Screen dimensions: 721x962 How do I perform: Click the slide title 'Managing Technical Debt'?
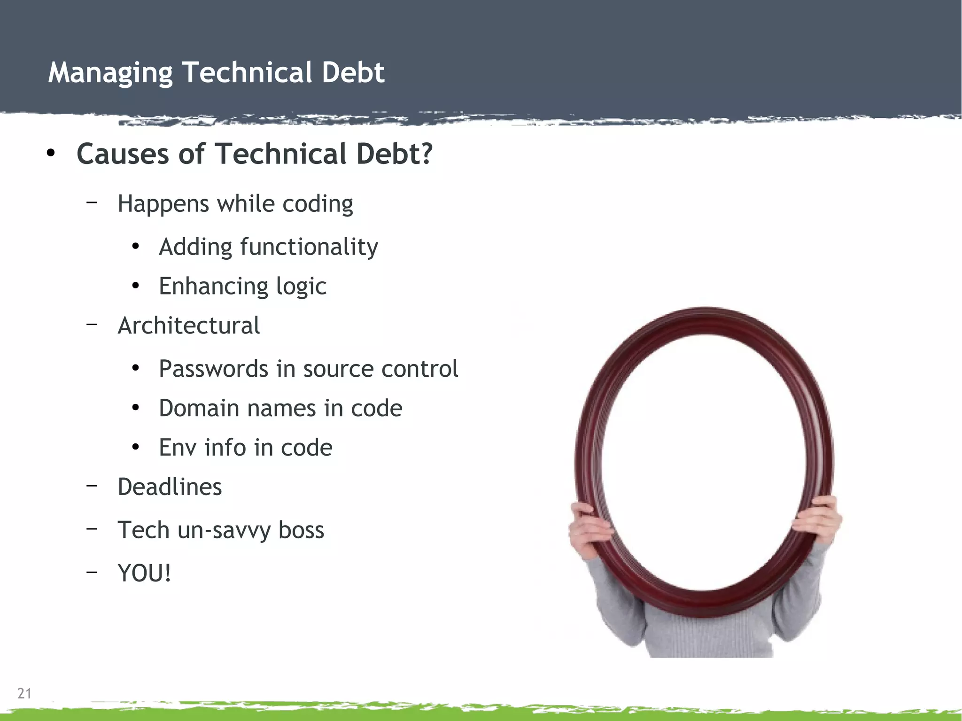click(x=216, y=73)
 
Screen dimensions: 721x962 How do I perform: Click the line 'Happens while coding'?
click(x=235, y=204)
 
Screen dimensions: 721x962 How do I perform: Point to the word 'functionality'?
click(x=309, y=247)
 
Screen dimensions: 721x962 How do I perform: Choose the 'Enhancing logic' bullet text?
click(x=242, y=286)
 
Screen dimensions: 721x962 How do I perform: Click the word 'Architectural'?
click(x=188, y=326)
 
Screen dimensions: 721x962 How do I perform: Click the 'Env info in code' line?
click(x=245, y=447)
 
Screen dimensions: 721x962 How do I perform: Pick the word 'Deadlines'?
click(x=170, y=487)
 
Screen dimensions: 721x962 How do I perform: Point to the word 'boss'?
click(x=301, y=530)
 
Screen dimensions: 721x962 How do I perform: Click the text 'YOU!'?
click(x=144, y=573)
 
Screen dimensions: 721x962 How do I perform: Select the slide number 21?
click(x=24, y=693)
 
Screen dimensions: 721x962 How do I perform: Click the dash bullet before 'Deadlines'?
click(x=92, y=485)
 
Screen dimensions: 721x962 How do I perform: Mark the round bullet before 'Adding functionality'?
click(x=136, y=247)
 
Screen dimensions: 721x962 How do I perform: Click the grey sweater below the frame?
click(x=705, y=634)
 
